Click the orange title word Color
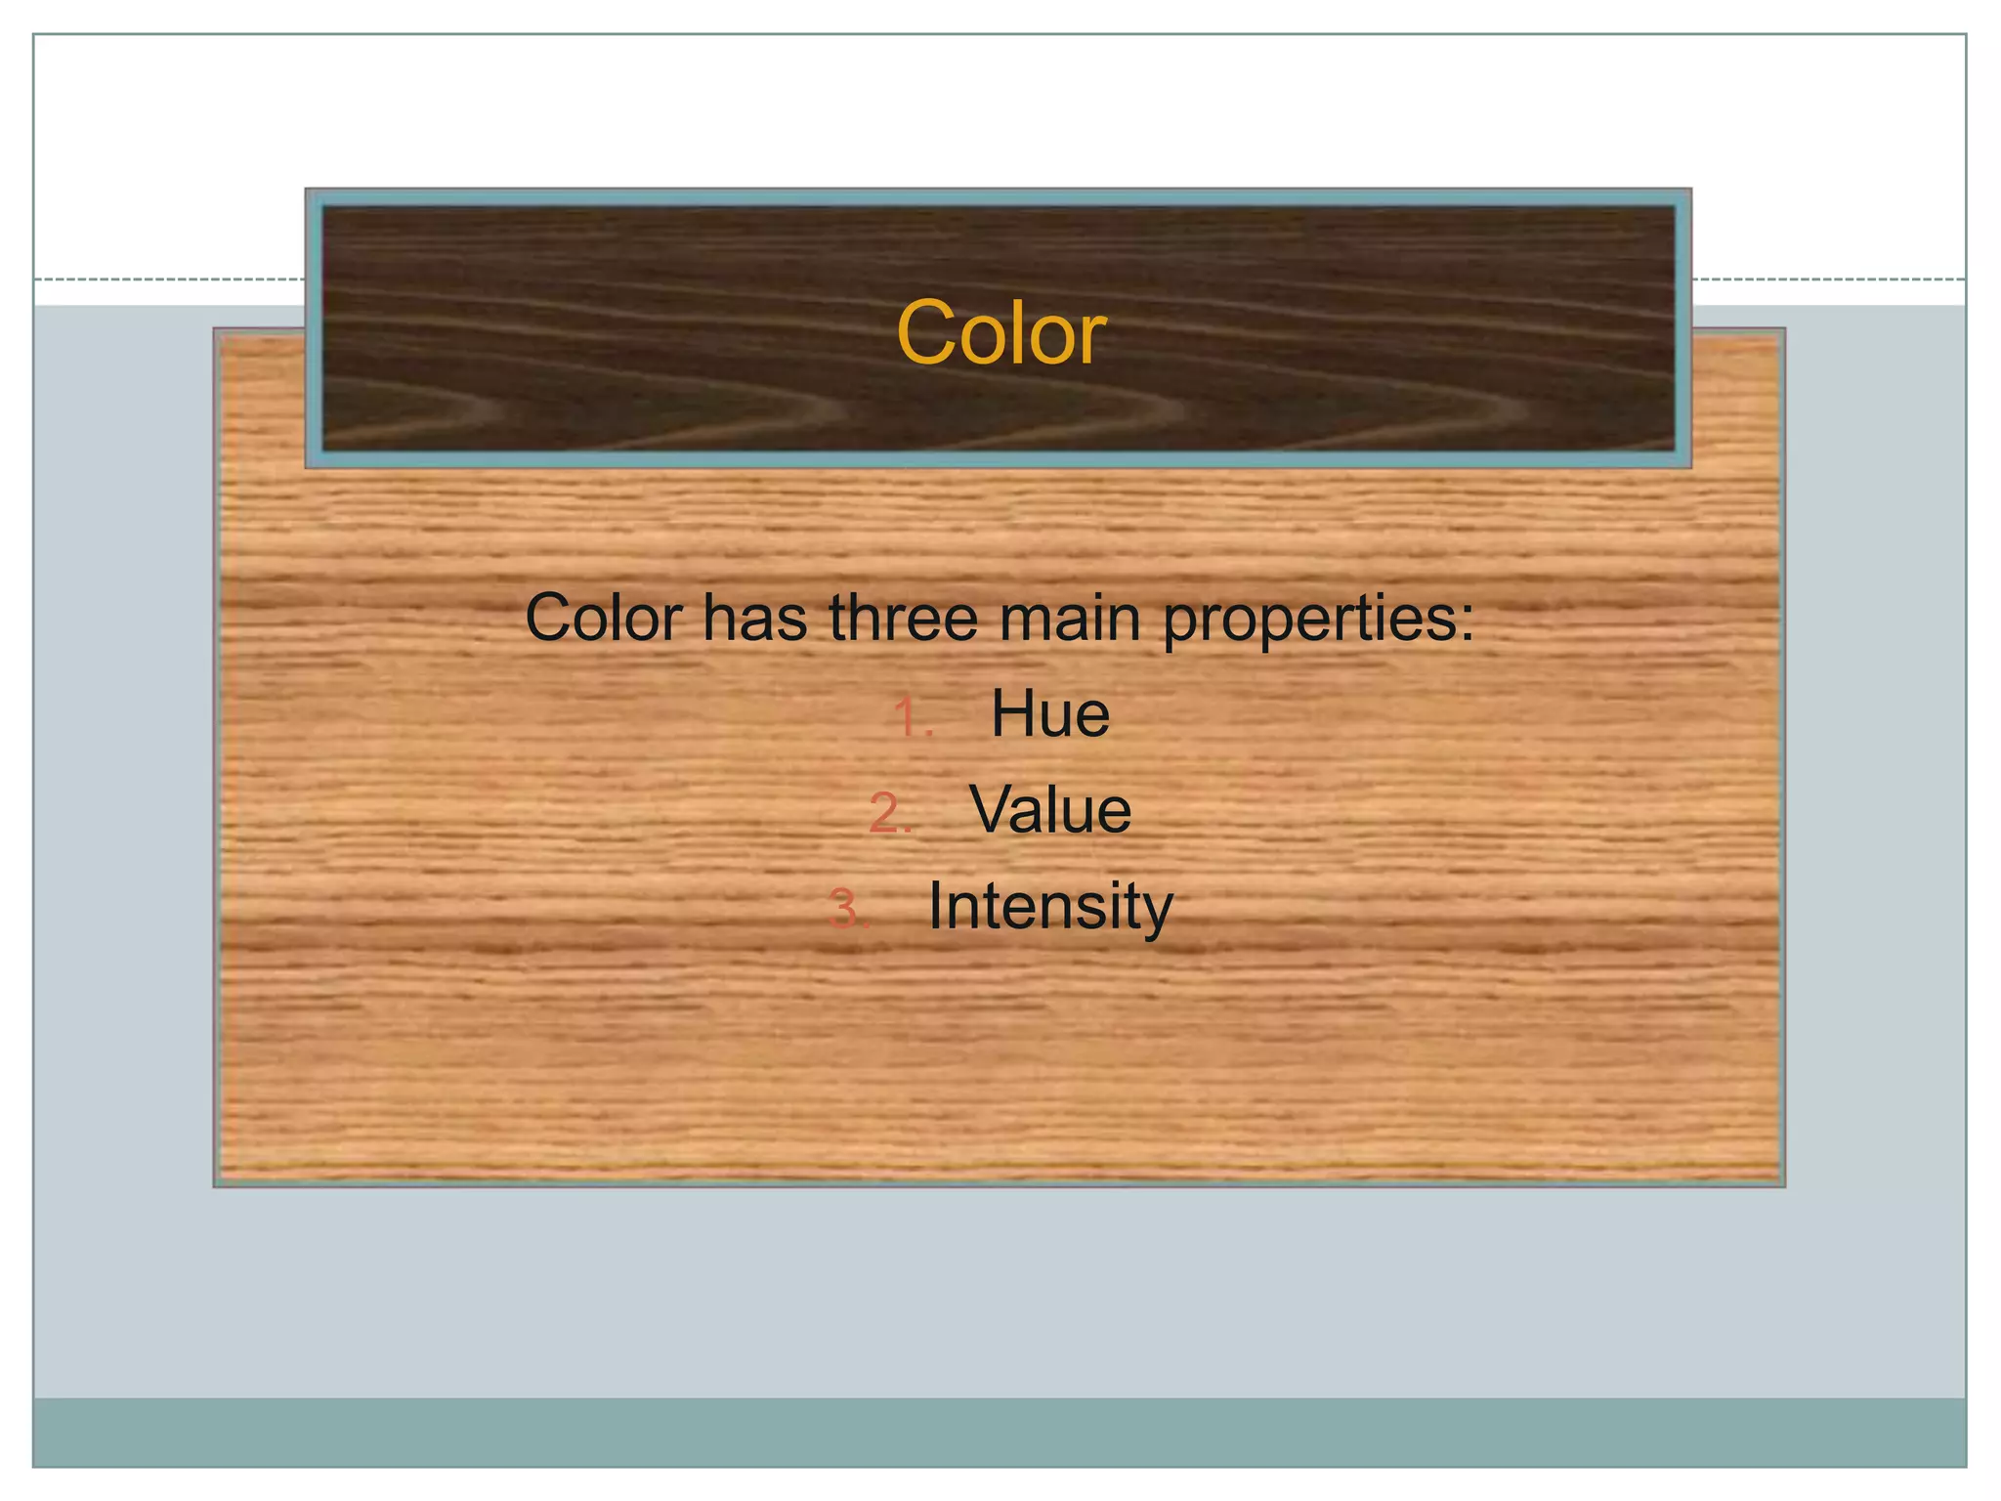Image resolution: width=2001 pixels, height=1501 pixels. (1000, 333)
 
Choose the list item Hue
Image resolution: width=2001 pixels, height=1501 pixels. (1050, 713)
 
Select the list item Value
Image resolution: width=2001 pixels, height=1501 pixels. (1050, 809)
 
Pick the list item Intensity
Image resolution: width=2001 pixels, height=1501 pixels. (1050, 906)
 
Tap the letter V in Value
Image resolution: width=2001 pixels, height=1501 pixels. (992, 809)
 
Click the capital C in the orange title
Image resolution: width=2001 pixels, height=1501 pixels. (925, 333)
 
